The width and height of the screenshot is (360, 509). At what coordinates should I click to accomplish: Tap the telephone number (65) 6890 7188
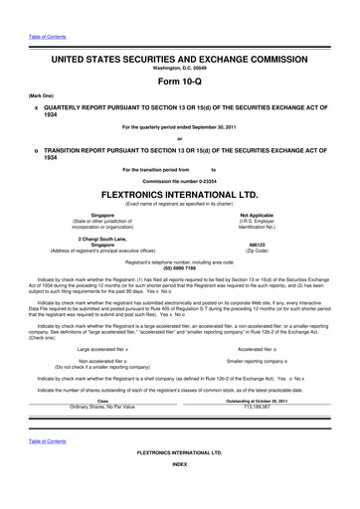[x=179, y=267]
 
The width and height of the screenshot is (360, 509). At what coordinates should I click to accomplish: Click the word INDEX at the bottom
[x=179, y=491]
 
